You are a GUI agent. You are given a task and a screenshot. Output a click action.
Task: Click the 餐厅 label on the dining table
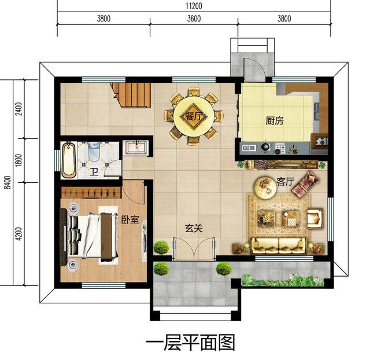pyautogui.click(x=193, y=116)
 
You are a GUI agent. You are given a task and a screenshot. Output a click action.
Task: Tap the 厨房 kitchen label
pyautogui.click(x=275, y=121)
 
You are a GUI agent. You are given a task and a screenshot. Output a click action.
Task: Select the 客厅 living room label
pyautogui.click(x=286, y=182)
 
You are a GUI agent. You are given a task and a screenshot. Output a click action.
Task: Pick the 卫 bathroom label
pyautogui.click(x=94, y=171)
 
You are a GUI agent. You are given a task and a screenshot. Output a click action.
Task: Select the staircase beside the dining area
pyautogui.click(x=132, y=94)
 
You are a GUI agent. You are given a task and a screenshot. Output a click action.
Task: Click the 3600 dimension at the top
pyautogui.click(x=194, y=19)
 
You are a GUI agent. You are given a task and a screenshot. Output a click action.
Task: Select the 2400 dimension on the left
pyautogui.click(x=18, y=108)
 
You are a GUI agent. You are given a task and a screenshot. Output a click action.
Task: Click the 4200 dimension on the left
pyautogui.click(x=18, y=234)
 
